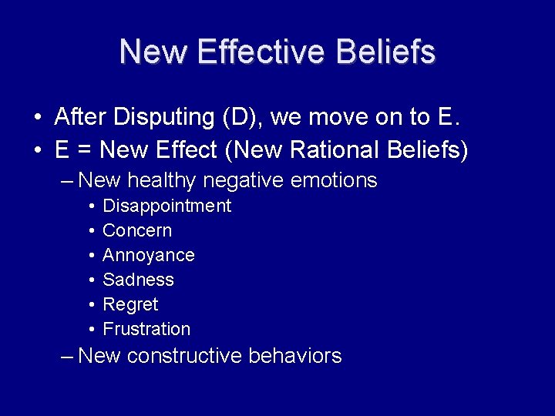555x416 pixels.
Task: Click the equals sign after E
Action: click(x=85, y=150)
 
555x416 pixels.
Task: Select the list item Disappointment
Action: click(x=166, y=206)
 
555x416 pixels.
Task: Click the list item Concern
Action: click(x=137, y=230)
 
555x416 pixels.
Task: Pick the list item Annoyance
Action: click(x=149, y=255)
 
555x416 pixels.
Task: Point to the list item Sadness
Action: click(x=138, y=280)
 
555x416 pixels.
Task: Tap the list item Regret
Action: click(x=130, y=304)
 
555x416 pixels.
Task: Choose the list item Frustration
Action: click(x=146, y=329)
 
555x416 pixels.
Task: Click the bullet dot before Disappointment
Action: click(x=92, y=206)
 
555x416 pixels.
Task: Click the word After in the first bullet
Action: click(x=81, y=117)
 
